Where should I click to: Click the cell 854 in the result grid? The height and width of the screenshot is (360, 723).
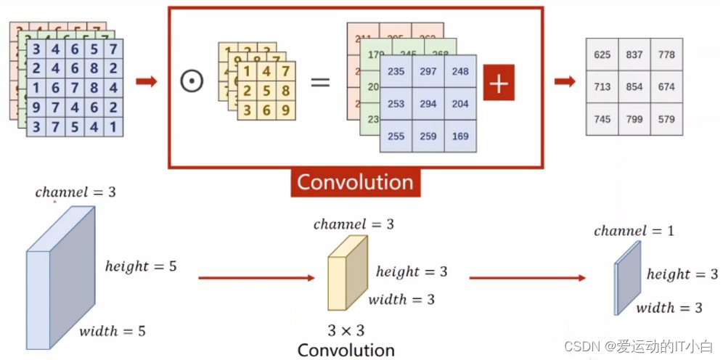coord(634,87)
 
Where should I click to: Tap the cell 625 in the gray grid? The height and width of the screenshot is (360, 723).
coord(602,55)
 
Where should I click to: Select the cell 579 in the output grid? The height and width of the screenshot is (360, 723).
coord(666,119)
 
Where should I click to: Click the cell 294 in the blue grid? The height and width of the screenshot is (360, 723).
coord(428,104)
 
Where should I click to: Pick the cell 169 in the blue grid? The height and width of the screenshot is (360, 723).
coord(460,136)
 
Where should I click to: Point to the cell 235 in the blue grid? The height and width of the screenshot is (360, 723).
coord(396,72)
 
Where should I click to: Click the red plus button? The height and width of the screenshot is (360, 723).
coord(498,84)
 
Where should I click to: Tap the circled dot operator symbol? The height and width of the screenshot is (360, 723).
coord(192,81)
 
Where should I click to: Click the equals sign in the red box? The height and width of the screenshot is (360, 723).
coord(320,81)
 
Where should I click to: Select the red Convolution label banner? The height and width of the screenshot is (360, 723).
coord(355,182)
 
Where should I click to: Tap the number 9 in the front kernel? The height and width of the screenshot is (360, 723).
coord(285,110)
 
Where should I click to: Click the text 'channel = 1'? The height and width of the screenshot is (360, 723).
coord(634,232)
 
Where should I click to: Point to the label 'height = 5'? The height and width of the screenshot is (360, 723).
coord(141,266)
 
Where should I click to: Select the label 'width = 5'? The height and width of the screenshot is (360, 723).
coord(113,332)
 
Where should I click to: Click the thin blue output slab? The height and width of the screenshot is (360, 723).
coord(627,278)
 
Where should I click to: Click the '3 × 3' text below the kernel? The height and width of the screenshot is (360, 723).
coord(346,330)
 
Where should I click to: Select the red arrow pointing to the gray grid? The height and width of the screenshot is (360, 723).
coord(565,81)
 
